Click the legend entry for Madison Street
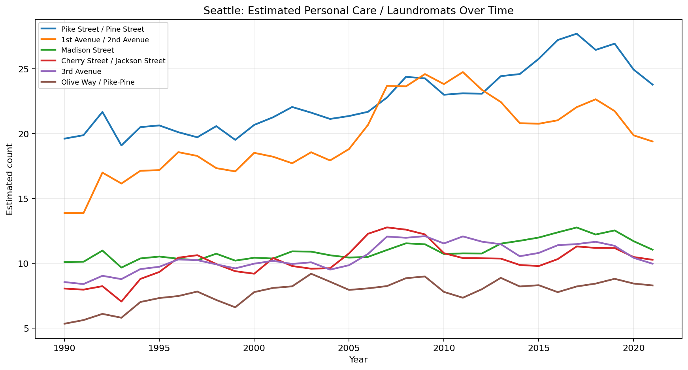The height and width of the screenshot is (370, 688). pos(87,50)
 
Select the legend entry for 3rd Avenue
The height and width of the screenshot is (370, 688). pos(81,72)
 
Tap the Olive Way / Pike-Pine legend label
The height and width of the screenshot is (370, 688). pos(98,82)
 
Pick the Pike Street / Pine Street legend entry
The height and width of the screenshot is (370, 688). pos(102,29)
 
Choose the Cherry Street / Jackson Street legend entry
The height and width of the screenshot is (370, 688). pos(113,61)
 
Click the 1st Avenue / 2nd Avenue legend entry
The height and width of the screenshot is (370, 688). pos(105,40)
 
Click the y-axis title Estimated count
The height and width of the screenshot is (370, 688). pos(10,179)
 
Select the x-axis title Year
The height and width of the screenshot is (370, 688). pos(358,360)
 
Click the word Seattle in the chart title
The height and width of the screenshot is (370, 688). pos(218,11)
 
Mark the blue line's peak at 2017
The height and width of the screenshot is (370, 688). pos(577,34)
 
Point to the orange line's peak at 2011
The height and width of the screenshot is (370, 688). pos(463,72)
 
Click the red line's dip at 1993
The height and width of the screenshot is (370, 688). pos(121,302)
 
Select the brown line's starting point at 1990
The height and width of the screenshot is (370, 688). pos(64,324)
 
